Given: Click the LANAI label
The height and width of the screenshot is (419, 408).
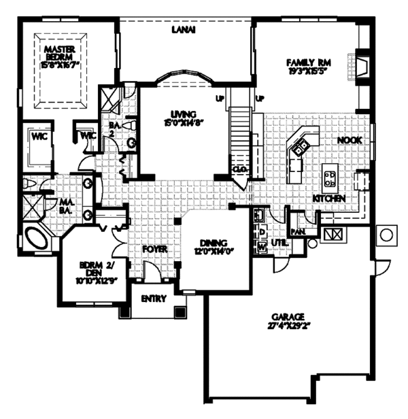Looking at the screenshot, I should click(x=180, y=29).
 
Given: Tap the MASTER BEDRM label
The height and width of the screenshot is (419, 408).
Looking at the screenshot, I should click(x=59, y=54).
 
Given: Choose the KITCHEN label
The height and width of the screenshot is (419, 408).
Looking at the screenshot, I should click(x=329, y=198).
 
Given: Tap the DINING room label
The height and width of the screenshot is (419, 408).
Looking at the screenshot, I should click(x=213, y=244).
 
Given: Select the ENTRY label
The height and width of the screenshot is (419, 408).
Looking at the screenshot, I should click(x=153, y=298).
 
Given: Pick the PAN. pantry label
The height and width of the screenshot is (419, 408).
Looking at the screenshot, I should click(x=296, y=231).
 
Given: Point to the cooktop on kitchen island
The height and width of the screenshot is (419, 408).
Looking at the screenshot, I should click(x=329, y=178).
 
